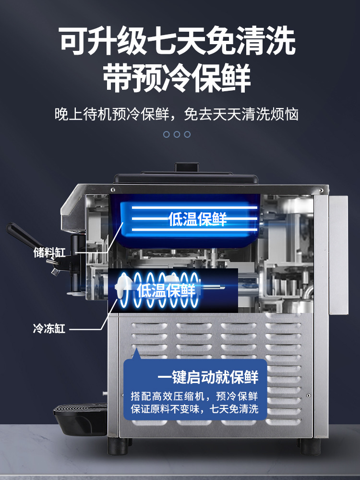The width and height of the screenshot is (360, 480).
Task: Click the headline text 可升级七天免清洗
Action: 177,41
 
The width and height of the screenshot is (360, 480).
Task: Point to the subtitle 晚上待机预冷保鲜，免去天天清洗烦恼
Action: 177,114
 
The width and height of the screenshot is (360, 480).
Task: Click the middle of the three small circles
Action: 177,134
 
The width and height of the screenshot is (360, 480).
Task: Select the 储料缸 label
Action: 49,252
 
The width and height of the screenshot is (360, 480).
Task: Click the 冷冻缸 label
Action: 49,328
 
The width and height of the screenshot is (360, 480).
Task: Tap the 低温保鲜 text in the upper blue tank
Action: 197,219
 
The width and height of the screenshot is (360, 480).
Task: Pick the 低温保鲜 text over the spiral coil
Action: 166,290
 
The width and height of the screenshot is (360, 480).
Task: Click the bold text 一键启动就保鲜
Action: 208,377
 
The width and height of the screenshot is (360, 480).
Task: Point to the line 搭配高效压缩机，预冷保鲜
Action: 194,396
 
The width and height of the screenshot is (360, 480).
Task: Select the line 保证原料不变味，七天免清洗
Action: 194,408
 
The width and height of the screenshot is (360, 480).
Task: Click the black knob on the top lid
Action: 187,167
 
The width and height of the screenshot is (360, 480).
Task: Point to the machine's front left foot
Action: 119,446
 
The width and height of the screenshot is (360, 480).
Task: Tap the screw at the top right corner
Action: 321,191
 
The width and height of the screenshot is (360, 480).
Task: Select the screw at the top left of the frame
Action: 113,190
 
